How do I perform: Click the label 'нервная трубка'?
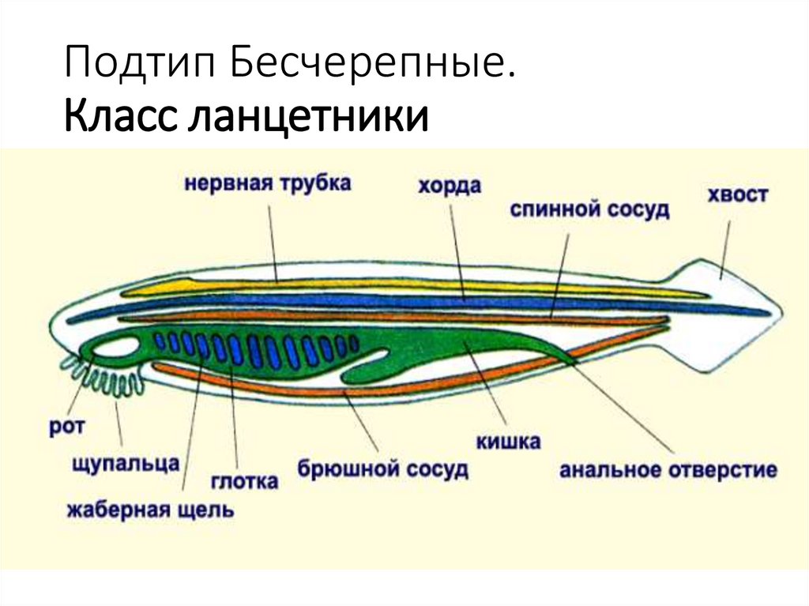(268, 184)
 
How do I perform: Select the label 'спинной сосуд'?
(589, 210)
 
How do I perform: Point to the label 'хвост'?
(738, 194)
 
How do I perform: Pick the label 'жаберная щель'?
(150, 509)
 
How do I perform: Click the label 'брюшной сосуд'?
(383, 468)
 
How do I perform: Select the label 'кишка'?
(508, 441)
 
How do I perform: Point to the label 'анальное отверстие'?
(668, 470)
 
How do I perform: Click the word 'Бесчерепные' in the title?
(368, 64)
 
